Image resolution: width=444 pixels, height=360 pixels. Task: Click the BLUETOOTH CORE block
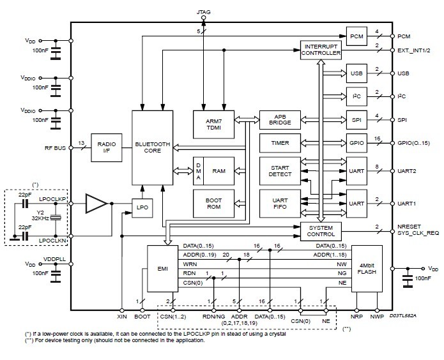151,148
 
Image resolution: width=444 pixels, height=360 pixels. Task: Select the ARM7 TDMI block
214,123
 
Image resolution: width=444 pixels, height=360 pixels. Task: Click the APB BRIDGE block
280,119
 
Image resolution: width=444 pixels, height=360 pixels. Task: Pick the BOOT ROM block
214,203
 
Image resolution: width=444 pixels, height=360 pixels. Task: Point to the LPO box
141,206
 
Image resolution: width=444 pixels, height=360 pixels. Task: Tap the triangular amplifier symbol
96,204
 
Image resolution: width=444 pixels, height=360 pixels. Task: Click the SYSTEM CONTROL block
320,230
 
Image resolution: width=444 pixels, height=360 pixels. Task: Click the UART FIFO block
280,203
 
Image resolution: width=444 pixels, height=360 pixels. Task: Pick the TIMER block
280,143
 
